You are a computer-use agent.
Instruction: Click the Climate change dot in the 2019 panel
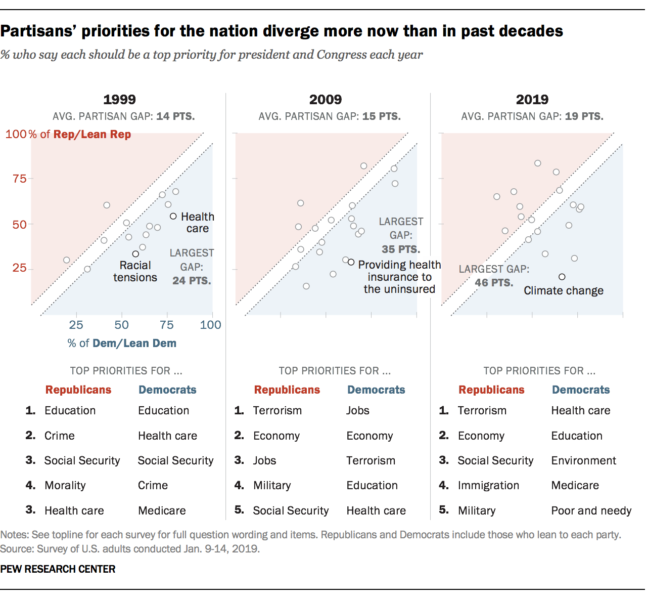point(562,277)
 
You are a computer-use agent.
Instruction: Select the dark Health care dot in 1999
point(173,216)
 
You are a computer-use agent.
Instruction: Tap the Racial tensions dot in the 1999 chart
point(135,254)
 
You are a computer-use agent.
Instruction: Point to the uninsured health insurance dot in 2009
point(351,262)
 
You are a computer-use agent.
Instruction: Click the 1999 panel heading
point(120,99)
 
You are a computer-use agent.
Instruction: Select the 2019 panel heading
point(532,99)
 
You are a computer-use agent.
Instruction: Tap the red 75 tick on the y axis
point(20,179)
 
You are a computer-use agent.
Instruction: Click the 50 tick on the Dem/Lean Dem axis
point(121,325)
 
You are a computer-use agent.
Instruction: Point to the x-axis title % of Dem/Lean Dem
point(122,343)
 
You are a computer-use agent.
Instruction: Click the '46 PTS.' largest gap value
point(494,282)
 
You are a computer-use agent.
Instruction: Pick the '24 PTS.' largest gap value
point(192,280)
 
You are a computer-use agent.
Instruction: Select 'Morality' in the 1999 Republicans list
point(65,485)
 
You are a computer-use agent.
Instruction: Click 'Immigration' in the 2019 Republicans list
point(488,485)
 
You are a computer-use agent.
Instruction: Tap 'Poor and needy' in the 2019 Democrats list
point(591,510)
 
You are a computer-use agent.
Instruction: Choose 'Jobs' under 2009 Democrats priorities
point(357,410)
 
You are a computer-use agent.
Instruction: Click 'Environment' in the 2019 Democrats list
point(583,460)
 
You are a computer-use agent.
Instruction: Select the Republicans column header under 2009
point(287,390)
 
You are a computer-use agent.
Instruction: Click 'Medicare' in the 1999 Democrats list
point(162,510)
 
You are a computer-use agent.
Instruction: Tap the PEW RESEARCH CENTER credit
point(58,569)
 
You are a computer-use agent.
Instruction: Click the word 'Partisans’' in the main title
point(38,31)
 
